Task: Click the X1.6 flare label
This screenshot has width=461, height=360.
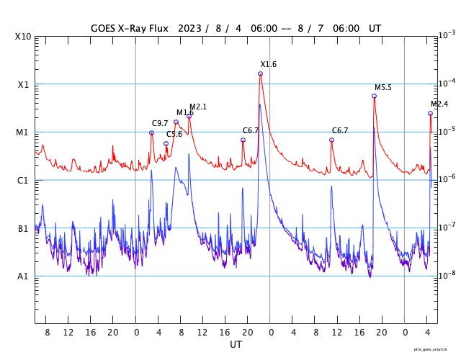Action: coord(269,65)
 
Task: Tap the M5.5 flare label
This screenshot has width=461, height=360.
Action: coord(383,88)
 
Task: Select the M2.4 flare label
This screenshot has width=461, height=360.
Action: coord(439,104)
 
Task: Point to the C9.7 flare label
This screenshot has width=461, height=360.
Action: coord(160,124)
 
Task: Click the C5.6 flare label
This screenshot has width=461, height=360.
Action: coord(174,135)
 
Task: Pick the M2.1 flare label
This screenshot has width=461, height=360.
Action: coord(198,107)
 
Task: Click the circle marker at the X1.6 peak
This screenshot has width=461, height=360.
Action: coord(260,74)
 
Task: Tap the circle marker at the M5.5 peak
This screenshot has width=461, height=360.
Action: coord(375,96)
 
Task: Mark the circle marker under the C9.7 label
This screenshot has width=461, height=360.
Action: coord(151,132)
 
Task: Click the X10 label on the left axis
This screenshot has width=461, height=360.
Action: coord(23,37)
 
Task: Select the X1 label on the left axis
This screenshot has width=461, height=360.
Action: coord(23,84)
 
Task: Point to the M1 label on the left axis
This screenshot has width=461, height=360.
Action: coord(23,132)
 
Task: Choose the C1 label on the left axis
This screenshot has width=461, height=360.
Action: coord(23,181)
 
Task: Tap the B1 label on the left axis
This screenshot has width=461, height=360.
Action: coord(23,229)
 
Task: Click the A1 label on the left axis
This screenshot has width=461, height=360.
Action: coord(23,276)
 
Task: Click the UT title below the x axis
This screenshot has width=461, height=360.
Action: coord(236,345)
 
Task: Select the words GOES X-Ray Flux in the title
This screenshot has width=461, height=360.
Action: coord(130,29)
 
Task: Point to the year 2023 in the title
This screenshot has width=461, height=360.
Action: coord(189,29)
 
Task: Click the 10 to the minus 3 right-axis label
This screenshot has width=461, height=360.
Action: coord(447,35)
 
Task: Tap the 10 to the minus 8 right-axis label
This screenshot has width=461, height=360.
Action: coord(447,274)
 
